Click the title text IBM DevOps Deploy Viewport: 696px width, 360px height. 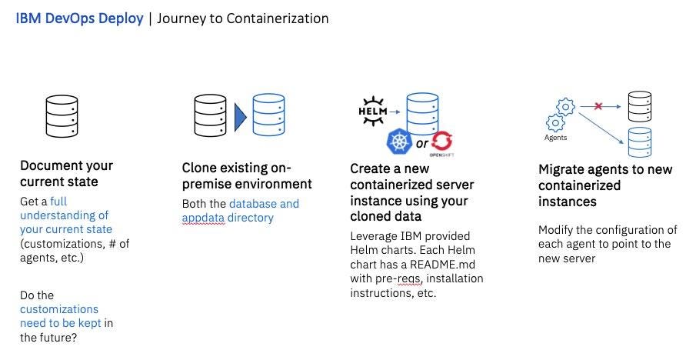pyautogui.click(x=79, y=18)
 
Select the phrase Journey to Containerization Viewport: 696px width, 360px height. pyautogui.click(x=243, y=18)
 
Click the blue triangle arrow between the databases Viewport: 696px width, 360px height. pyautogui.click(x=240, y=116)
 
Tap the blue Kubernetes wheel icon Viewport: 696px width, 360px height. pyautogui.click(x=398, y=143)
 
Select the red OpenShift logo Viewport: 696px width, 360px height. pyautogui.click(x=442, y=142)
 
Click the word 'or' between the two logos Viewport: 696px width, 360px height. pyautogui.click(x=421, y=144)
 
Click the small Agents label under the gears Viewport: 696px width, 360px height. pyautogui.click(x=555, y=138)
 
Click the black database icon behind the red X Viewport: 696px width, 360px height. pyautogui.click(x=640, y=107)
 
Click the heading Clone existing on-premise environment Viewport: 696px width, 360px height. pyautogui.click(x=246, y=176)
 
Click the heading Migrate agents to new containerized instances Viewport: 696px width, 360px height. pyautogui.click(x=605, y=185)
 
